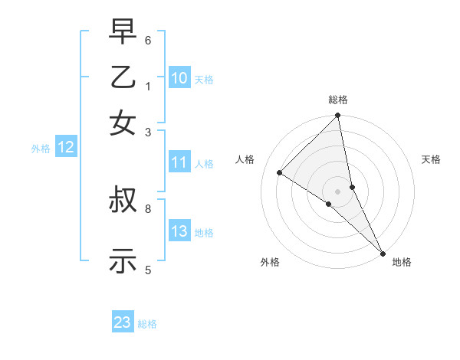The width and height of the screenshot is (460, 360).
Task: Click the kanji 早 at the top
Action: [x=123, y=33]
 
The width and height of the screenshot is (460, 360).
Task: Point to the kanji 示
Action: [x=123, y=261]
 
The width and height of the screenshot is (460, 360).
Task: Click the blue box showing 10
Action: [x=179, y=78]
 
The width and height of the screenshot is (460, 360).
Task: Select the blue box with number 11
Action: [x=179, y=162]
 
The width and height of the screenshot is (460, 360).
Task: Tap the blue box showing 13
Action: [x=179, y=231]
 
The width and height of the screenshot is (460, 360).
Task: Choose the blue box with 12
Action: [x=66, y=148]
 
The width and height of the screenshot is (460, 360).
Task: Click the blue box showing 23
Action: [x=123, y=322]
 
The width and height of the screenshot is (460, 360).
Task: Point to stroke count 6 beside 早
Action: [x=148, y=40]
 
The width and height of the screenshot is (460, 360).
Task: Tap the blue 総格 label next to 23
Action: [x=147, y=324]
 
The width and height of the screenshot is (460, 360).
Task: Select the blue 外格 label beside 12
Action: [x=41, y=149]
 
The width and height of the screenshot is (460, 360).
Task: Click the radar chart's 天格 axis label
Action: [x=431, y=159]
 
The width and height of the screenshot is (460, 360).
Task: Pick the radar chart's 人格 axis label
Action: [x=245, y=159]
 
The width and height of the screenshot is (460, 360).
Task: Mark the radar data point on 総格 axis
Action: [x=337, y=116]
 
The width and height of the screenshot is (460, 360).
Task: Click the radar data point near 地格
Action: [x=382, y=252]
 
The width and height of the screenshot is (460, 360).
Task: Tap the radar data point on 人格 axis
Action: [x=280, y=172]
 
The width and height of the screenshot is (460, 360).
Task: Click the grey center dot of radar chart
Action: [x=337, y=191]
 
